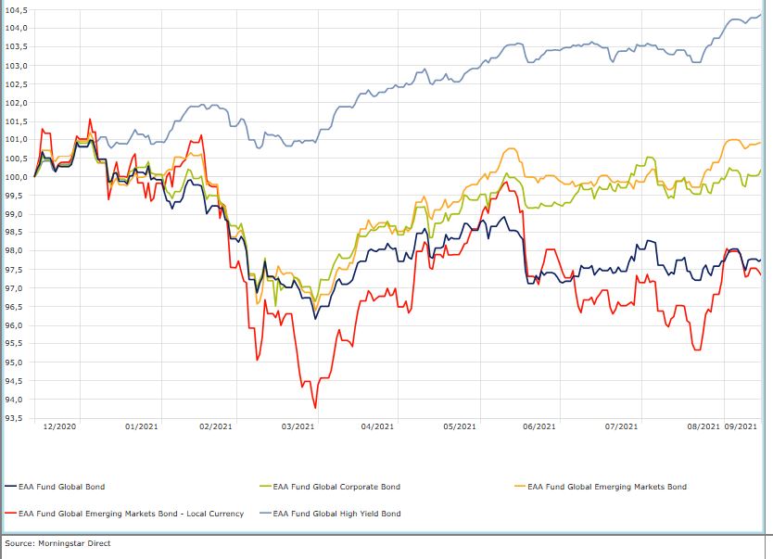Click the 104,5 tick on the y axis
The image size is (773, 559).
click(17, 9)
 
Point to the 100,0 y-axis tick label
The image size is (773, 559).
click(17, 176)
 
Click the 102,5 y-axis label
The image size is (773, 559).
click(17, 83)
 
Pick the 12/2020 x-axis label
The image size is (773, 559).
click(59, 426)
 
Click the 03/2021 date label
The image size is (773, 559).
click(298, 426)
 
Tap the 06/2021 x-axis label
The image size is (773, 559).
click(539, 426)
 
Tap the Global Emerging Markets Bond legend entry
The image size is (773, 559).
click(607, 486)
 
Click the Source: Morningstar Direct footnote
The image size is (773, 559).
click(57, 543)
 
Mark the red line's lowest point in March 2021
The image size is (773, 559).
click(315, 408)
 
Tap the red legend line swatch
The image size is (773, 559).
click(10, 514)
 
